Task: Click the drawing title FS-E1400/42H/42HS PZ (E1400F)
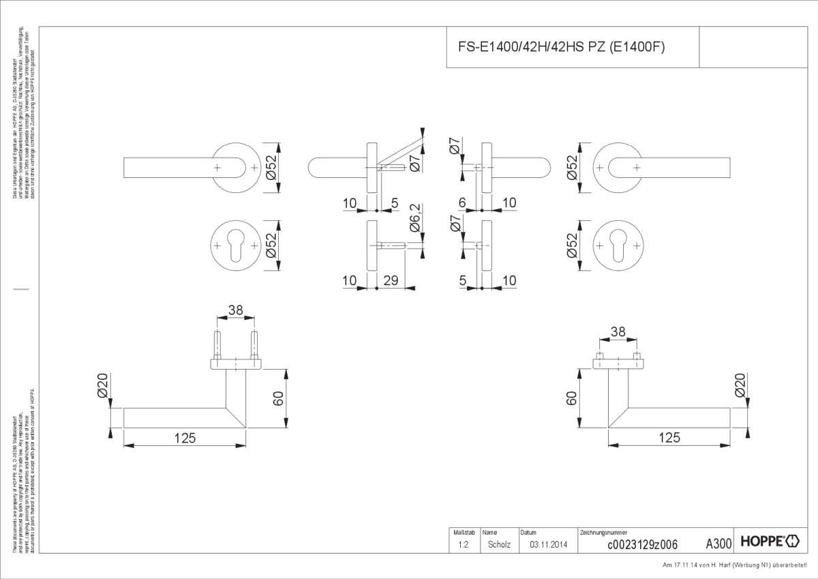tap(560, 47)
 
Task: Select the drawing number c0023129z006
tap(641, 544)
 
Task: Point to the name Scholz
tap(498, 544)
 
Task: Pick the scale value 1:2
tap(463, 544)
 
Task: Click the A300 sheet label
tap(718, 544)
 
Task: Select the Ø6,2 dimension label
tap(414, 225)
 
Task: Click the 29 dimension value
tap(391, 280)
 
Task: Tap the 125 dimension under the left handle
tap(185, 438)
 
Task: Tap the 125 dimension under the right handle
tap(669, 438)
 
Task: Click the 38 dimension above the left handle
tap(236, 310)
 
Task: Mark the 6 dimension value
tap(462, 203)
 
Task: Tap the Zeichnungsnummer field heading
tap(603, 532)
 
